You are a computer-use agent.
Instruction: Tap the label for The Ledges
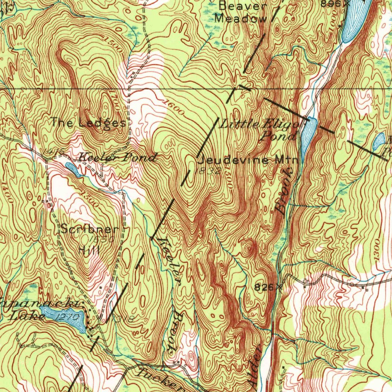click(x=88, y=123)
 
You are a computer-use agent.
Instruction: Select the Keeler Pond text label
click(x=118, y=157)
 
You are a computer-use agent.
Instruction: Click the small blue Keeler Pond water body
click(x=73, y=169)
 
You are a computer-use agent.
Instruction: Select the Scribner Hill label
click(x=90, y=240)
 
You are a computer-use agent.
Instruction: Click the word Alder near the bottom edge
click(x=256, y=367)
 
